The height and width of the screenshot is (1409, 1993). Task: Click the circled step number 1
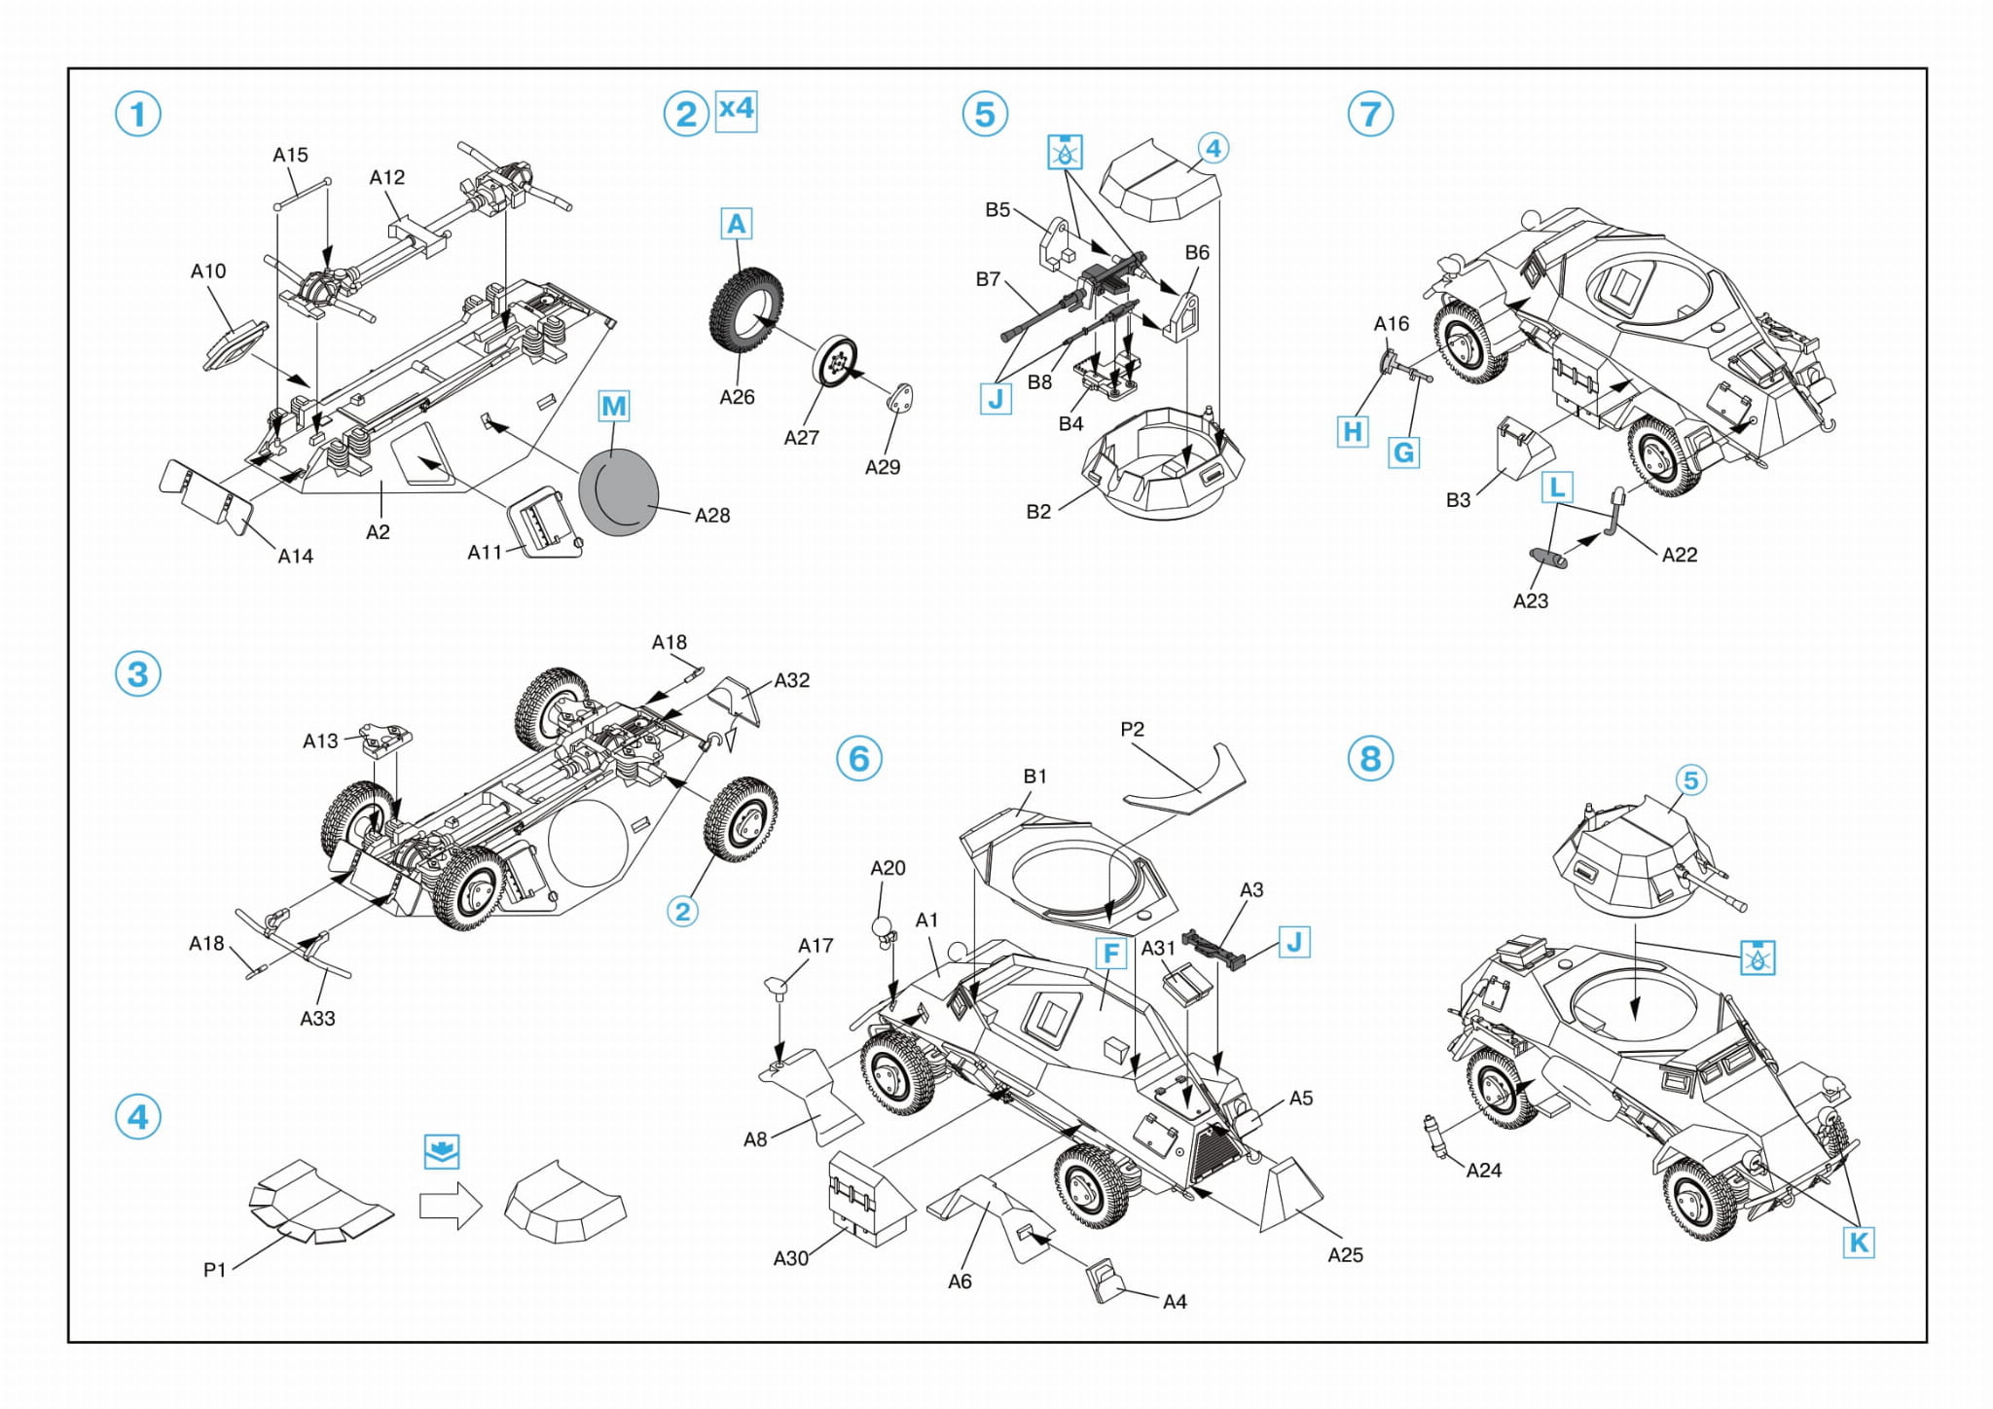click(x=137, y=114)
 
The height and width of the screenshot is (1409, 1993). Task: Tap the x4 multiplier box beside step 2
click(x=736, y=109)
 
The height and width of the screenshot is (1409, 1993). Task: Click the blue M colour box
click(x=613, y=406)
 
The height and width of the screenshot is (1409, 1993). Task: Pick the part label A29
click(x=883, y=467)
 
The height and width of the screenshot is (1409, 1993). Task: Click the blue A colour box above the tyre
click(x=737, y=224)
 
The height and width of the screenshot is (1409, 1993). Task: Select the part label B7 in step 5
click(x=988, y=279)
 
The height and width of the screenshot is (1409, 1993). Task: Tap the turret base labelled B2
click(x=1162, y=467)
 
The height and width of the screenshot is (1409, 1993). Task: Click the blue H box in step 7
click(x=1353, y=431)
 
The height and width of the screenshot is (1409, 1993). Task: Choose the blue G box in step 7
click(x=1403, y=452)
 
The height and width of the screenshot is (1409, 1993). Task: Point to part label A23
click(x=1530, y=601)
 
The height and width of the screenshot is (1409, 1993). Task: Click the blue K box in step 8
click(x=1858, y=1242)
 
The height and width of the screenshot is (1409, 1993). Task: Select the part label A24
click(x=1483, y=1171)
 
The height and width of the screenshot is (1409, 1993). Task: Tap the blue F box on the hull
click(x=1110, y=954)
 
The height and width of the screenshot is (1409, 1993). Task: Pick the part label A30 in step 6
click(x=790, y=1258)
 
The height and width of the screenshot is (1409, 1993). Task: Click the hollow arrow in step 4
click(x=451, y=1206)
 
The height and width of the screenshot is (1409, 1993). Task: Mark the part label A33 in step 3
click(x=317, y=1019)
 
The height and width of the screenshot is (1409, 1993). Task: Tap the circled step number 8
click(x=1370, y=758)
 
